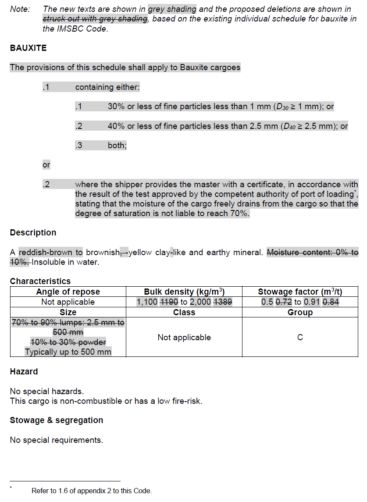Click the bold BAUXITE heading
coord(28,48)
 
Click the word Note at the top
coord(20,9)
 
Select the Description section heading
coord(33,233)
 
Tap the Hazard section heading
coord(24,372)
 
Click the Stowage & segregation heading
coord(57,420)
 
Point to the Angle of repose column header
coord(68,292)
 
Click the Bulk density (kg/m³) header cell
coord(184,292)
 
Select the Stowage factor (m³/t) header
coord(300,292)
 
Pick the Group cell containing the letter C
coord(300,338)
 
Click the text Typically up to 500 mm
coord(68,352)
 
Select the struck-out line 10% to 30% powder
coord(68,342)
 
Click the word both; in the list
coord(117,146)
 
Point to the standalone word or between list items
coord(46,165)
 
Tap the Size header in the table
coord(68,313)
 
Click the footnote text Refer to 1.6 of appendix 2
coord(92,491)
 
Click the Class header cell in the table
coord(184,313)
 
